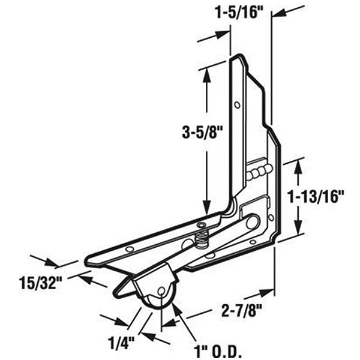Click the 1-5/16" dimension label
coord(239,13)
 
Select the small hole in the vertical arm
coord(238,106)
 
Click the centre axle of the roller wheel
coord(161,291)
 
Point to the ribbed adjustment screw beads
coord(257,173)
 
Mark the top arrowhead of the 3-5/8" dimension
coord(207,71)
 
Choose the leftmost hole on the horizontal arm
coord(128,248)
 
